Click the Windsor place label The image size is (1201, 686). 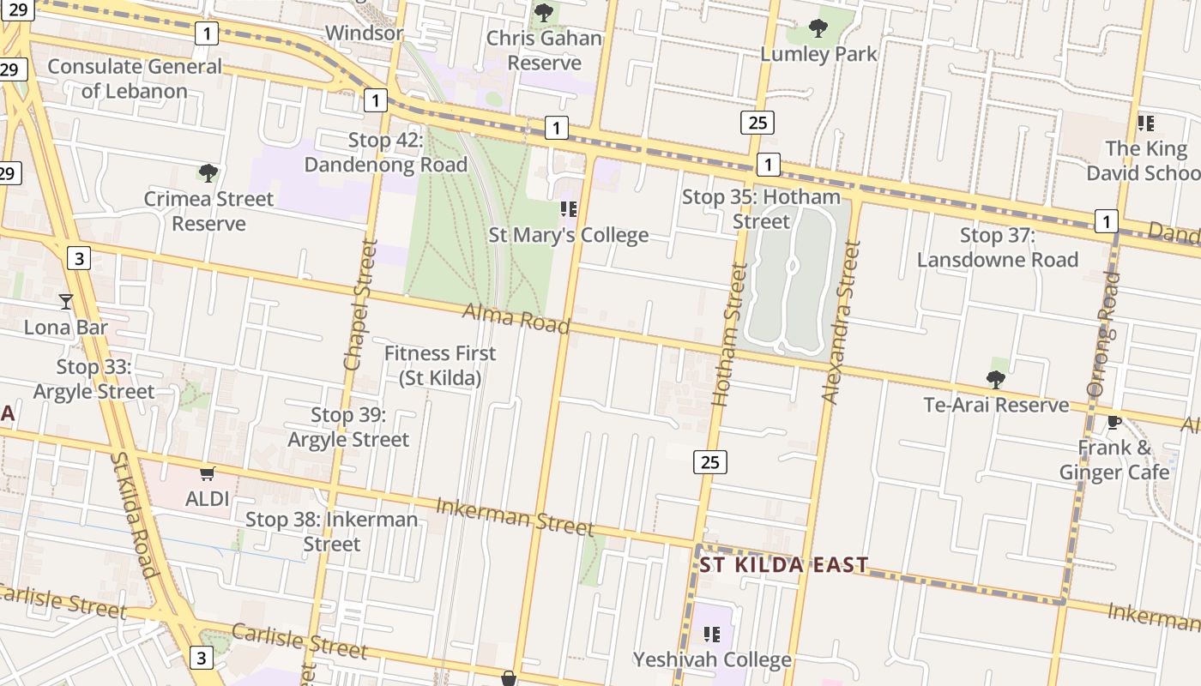[x=364, y=33]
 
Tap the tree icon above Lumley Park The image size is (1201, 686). [x=818, y=28]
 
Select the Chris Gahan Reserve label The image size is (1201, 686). [x=544, y=51]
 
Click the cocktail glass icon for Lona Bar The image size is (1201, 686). [x=66, y=301]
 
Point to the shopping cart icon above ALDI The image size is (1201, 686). [x=207, y=472]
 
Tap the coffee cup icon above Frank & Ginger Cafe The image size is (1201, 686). [x=1113, y=422]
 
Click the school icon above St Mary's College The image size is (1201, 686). [x=568, y=208]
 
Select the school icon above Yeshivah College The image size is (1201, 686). [x=711, y=634]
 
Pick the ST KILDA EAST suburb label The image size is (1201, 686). [x=784, y=565]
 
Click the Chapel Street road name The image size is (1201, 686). [x=360, y=304]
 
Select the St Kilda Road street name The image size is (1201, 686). [x=133, y=514]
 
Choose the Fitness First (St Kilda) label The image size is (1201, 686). [x=440, y=365]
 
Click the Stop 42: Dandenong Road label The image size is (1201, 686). [x=386, y=153]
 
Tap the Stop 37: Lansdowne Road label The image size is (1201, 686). [x=998, y=247]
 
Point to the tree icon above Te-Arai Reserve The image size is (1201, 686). [x=995, y=379]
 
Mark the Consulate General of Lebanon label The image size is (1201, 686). [x=135, y=78]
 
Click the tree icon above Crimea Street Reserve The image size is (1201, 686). [x=208, y=172]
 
